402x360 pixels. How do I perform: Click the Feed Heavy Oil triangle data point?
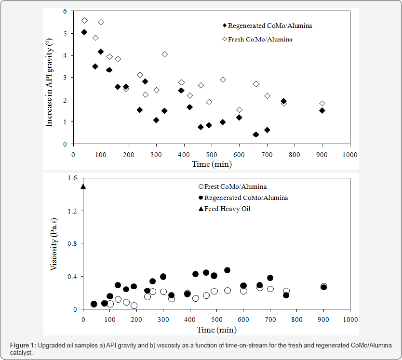click(83, 187)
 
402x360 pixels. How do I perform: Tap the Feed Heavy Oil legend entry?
click(227, 209)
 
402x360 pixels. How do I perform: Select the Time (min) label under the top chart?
click(211, 164)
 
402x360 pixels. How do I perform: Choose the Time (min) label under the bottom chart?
click(217, 330)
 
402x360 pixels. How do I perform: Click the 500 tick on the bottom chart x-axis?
click(217, 320)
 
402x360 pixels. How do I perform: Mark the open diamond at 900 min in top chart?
click(322, 104)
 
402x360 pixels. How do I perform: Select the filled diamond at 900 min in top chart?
click(322, 110)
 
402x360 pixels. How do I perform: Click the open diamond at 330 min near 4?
click(164, 54)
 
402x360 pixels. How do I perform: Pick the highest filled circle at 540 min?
click(227, 270)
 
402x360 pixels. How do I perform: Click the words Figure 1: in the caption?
click(23, 346)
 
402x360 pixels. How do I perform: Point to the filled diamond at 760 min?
click(283, 101)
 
